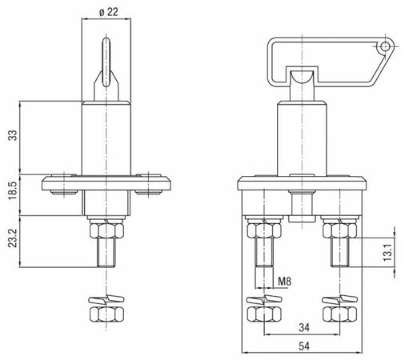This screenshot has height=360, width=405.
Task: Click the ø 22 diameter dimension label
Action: [108, 12]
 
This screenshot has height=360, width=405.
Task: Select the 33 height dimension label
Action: [13, 135]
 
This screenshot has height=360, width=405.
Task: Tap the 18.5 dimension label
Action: [13, 191]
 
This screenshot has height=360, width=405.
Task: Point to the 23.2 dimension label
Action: [13, 238]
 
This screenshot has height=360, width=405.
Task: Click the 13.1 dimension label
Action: [388, 252]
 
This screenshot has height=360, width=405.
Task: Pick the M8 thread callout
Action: [285, 282]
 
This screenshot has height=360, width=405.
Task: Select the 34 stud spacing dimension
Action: [304, 327]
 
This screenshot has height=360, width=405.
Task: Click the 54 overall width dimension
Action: [304, 346]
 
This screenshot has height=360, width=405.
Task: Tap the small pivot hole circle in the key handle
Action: [385, 47]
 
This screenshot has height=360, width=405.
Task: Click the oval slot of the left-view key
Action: [106, 62]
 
